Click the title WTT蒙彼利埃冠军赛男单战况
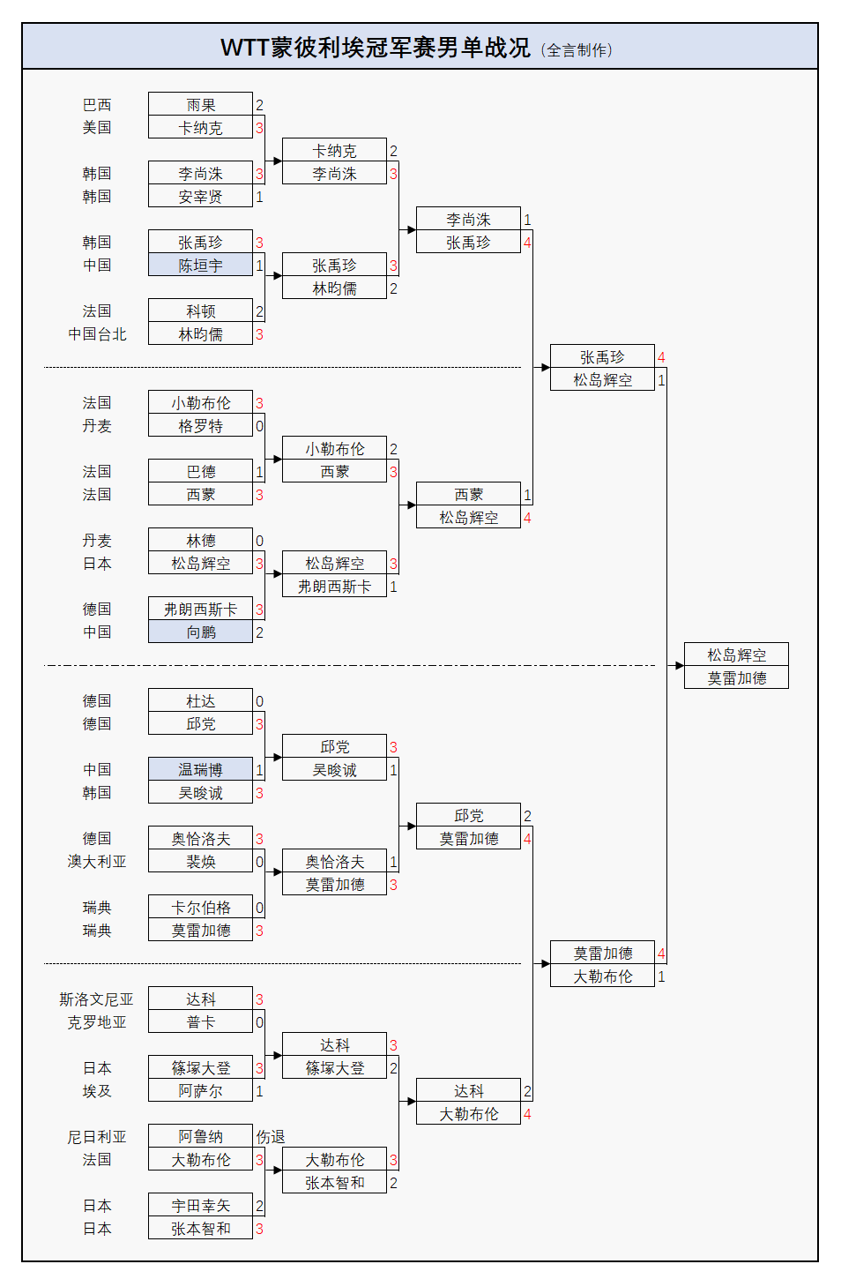click(x=375, y=48)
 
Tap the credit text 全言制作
click(x=577, y=50)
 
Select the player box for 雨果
click(x=200, y=105)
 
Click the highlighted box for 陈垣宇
click(x=200, y=266)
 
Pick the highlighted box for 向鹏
click(x=200, y=632)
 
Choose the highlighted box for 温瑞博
click(x=200, y=770)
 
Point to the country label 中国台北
click(x=97, y=334)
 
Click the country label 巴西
click(x=97, y=105)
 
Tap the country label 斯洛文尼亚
click(x=96, y=999)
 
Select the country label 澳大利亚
click(x=97, y=862)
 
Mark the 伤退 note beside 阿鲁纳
click(x=271, y=1137)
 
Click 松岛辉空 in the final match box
click(x=736, y=655)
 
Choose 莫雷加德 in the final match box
click(x=736, y=678)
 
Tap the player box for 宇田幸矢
click(x=200, y=1206)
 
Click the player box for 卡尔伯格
click(x=200, y=908)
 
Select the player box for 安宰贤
click(x=200, y=197)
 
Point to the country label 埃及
click(x=97, y=1091)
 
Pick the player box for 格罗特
click(x=200, y=426)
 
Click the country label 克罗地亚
click(x=97, y=1022)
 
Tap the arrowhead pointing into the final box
click(x=680, y=666)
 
